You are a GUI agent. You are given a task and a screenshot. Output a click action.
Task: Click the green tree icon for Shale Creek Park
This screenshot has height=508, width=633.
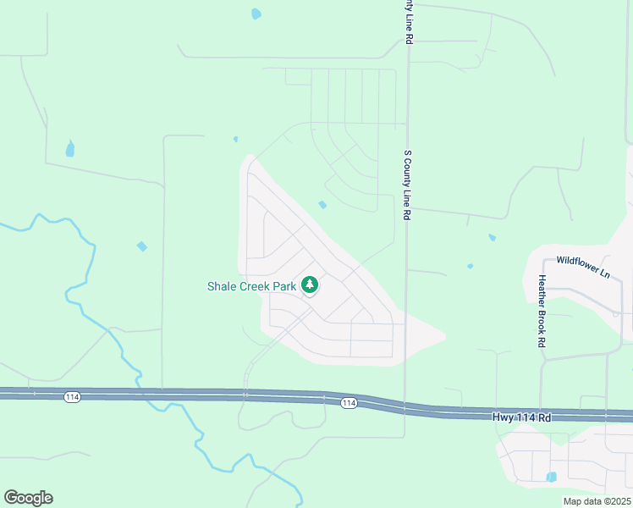pos(310,285)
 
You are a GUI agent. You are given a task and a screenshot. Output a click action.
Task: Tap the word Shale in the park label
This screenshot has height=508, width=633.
pos(223,286)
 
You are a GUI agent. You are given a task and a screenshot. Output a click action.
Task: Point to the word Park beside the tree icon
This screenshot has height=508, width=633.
pos(285,286)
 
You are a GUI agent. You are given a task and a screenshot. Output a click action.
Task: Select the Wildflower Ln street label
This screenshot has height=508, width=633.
pos(582,261)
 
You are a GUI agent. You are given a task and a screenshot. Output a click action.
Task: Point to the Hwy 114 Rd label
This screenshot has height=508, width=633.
pos(521,417)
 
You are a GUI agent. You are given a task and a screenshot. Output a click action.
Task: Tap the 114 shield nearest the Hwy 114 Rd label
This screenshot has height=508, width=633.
pos(349,403)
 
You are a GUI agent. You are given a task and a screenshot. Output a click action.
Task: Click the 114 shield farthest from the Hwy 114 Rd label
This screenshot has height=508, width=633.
pos(72,395)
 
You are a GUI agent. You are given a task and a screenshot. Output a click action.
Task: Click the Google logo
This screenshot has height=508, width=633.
pos(28,498)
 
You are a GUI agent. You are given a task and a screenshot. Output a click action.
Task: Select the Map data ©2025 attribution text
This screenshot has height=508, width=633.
pos(597,501)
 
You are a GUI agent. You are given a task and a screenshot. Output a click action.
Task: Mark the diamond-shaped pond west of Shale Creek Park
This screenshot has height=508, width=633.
pos(141,246)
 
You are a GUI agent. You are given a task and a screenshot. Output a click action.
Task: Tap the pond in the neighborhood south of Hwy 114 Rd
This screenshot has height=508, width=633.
pos(552,477)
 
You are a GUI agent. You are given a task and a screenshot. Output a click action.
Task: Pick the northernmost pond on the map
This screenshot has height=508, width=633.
pos(256,14)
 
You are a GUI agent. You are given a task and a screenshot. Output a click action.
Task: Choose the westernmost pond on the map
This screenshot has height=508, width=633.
pos(70,150)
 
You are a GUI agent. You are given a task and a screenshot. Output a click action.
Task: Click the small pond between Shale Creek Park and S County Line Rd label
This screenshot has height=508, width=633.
pos(322,204)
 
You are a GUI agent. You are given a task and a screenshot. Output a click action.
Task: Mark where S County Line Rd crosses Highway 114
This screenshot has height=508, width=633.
pos(405,408)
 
